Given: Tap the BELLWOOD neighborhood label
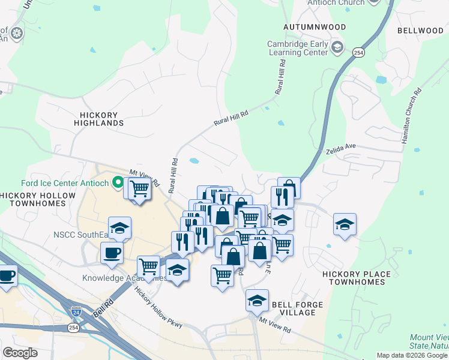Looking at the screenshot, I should [x=420, y=31].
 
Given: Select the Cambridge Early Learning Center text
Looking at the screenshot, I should [x=298, y=47].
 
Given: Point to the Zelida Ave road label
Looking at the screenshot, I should [x=342, y=147].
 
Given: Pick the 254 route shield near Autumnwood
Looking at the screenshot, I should [x=358, y=53].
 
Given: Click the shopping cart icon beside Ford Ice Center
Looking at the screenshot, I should [x=139, y=189].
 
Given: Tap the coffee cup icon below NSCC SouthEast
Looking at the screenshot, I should [x=112, y=252].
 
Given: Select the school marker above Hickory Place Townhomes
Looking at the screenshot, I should [x=345, y=224].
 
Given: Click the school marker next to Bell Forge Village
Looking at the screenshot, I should [x=257, y=300].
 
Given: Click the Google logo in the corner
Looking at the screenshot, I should [x=20, y=352].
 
